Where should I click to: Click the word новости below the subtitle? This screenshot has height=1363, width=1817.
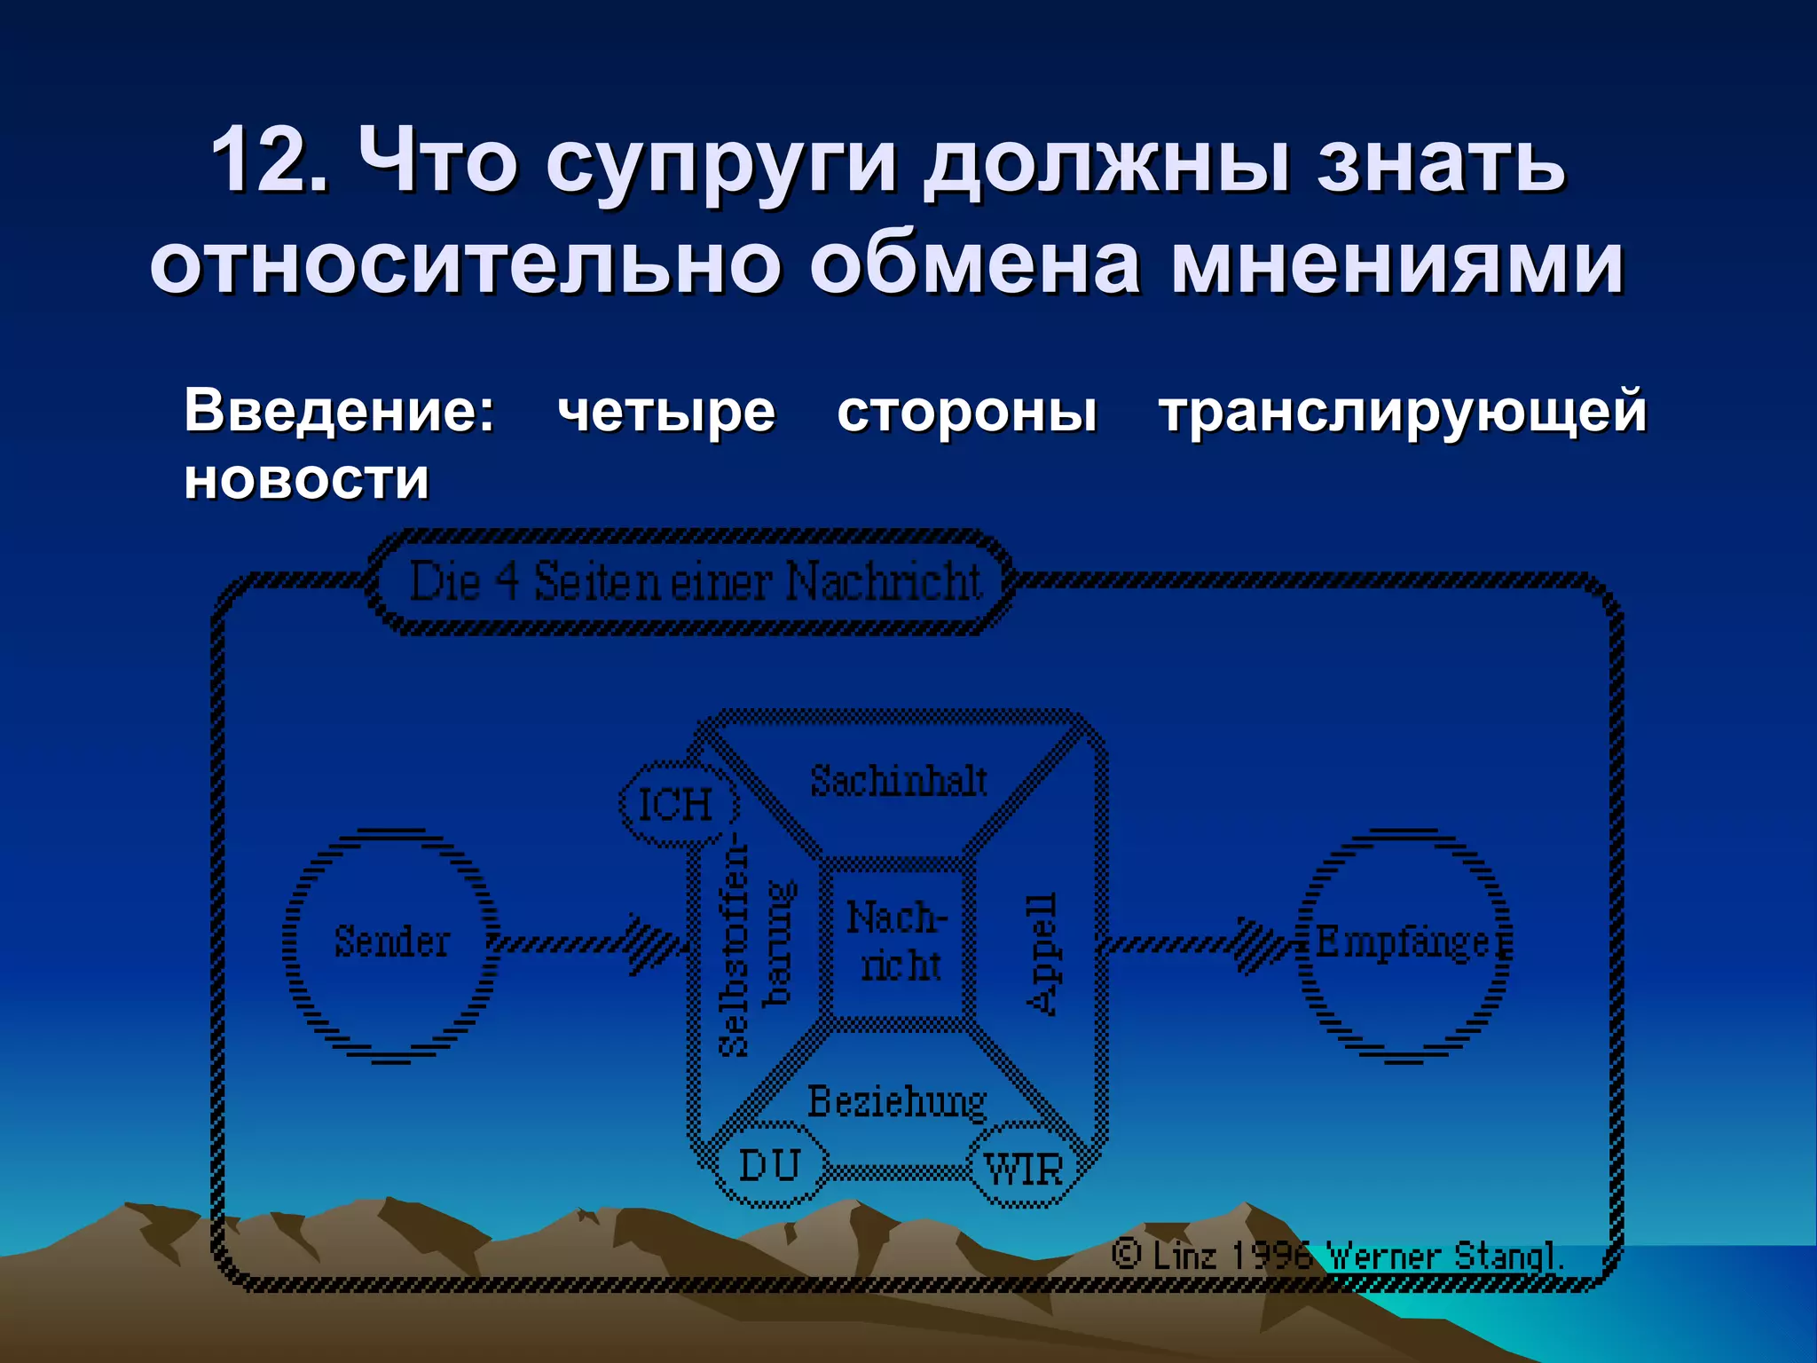pyautogui.click(x=306, y=480)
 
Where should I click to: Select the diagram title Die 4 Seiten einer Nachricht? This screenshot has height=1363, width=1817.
pyautogui.click(x=695, y=583)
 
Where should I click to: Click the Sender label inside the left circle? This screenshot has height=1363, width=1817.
pyautogui.click(x=391, y=941)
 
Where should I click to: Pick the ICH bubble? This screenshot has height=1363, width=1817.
pyautogui.click(x=676, y=804)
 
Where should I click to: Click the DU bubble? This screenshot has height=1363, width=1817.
pyautogui.click(x=769, y=1165)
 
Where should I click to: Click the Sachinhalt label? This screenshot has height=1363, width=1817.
pyautogui.click(x=898, y=782)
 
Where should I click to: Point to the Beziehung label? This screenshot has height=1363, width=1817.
pyautogui.click(x=896, y=1102)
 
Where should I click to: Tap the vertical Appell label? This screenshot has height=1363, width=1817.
pyautogui.click(x=1041, y=953)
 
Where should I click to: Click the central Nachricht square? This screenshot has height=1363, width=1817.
pyautogui.click(x=898, y=942)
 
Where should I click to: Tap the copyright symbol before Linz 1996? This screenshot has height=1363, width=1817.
pyautogui.click(x=1126, y=1254)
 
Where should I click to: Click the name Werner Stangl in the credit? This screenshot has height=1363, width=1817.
pyautogui.click(x=1442, y=1256)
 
